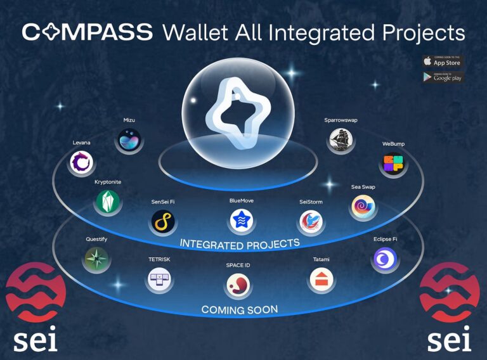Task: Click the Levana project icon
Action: tap(81, 163)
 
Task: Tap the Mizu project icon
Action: tap(130, 140)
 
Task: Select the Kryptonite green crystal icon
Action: tap(107, 202)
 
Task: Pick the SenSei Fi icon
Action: tap(164, 222)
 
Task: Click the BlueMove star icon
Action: tap(242, 221)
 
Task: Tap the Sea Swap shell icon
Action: tap(364, 207)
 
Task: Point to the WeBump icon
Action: tap(393, 165)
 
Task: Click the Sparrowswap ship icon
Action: tap(341, 140)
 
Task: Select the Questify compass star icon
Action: tap(96, 259)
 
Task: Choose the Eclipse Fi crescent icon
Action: tap(385, 259)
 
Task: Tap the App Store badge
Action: tap(443, 61)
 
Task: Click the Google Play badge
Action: tap(443, 77)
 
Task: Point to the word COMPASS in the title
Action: tap(87, 32)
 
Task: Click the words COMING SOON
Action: tap(239, 310)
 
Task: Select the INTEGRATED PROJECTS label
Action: tap(239, 243)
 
